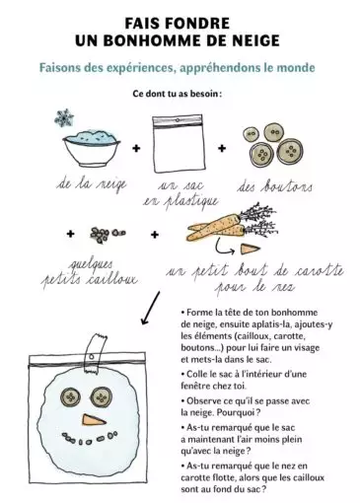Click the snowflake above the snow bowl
pos(64,118)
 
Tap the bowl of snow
pos(91,148)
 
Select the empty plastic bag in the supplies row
pos(178,143)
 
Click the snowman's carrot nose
pos(94,420)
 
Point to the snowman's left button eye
pos(70,397)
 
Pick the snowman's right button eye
pos(101,396)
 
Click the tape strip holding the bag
pos(96,354)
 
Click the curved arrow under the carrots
pos(224,247)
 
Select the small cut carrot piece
pos(250,249)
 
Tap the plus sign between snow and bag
pos(136,148)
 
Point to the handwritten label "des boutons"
pos(274,187)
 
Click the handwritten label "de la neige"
pos(92,184)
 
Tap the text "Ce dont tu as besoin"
pos(176,94)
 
